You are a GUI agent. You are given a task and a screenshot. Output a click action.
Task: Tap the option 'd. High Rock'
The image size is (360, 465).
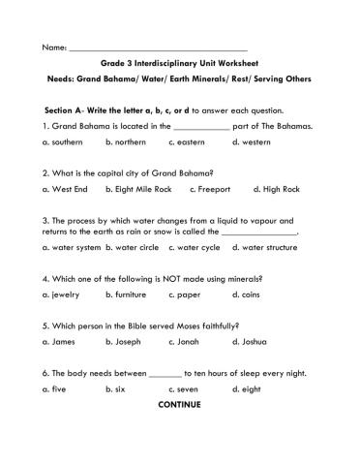pyautogui.click(x=276, y=189)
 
